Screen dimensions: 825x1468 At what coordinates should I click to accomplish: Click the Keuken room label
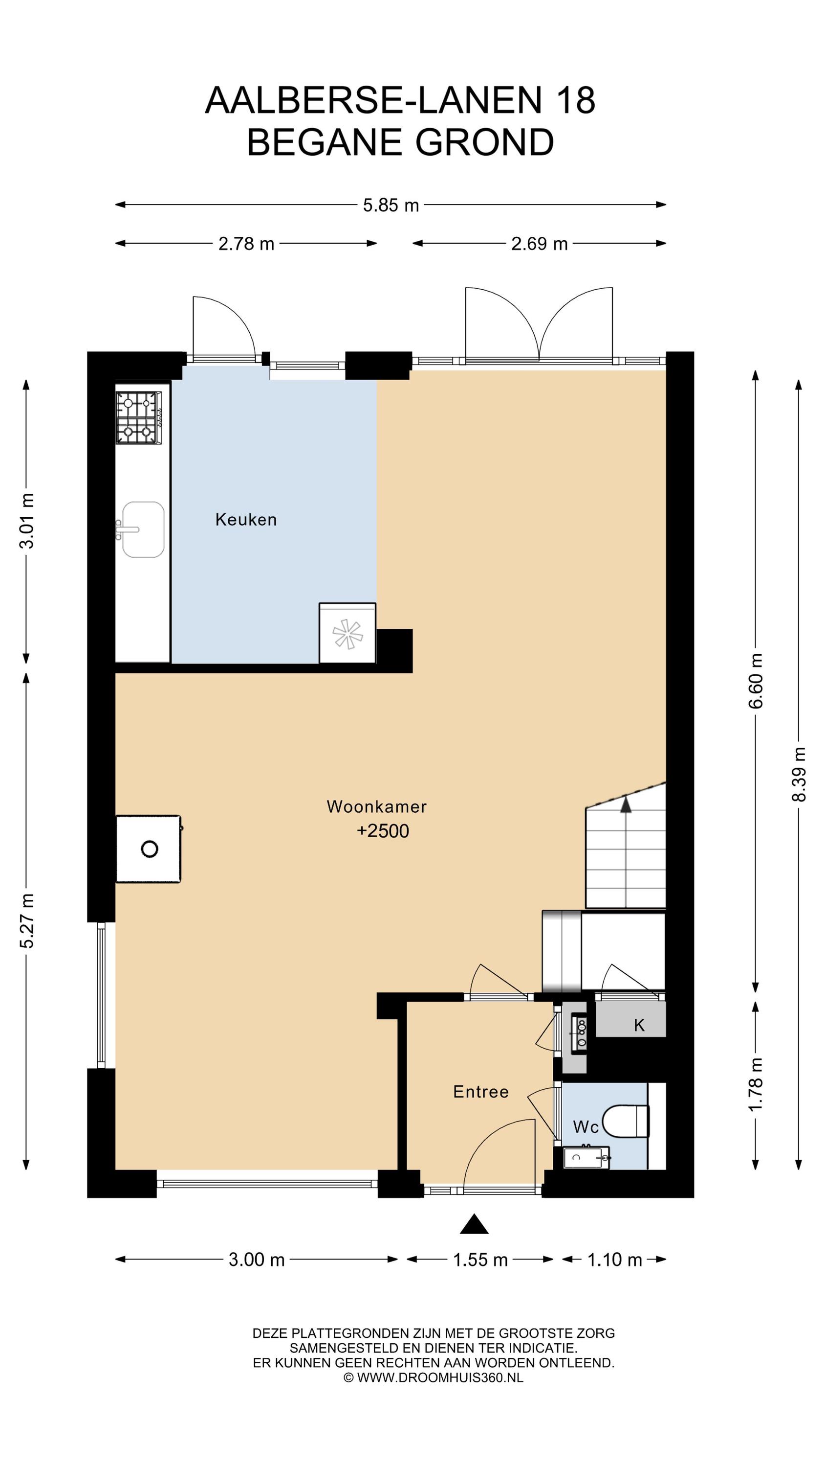[x=246, y=519]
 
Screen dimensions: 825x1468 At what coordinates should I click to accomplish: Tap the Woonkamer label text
[x=376, y=806]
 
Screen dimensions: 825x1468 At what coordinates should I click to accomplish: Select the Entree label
[x=480, y=1091]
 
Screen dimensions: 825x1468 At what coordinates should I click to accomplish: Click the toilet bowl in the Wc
[x=626, y=1121]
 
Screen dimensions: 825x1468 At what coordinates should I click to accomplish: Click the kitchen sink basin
[x=143, y=529]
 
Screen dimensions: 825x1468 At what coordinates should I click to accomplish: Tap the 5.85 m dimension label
[x=391, y=205]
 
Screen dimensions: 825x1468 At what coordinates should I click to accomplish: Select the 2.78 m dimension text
[x=246, y=244]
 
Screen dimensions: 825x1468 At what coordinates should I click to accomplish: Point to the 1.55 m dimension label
[x=480, y=1260]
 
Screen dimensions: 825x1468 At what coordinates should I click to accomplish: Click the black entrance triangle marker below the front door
[x=474, y=1224]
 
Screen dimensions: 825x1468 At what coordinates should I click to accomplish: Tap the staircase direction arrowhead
[x=626, y=804]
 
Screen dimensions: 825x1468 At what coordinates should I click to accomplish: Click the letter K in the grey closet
[x=639, y=1025]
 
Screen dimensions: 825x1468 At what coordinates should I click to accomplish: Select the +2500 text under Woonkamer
[x=383, y=831]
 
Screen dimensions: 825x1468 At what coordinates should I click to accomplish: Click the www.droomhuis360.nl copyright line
[x=434, y=1377]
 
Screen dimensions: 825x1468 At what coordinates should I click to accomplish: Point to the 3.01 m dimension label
[x=27, y=521]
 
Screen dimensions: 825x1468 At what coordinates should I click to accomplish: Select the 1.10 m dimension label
[x=614, y=1260]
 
